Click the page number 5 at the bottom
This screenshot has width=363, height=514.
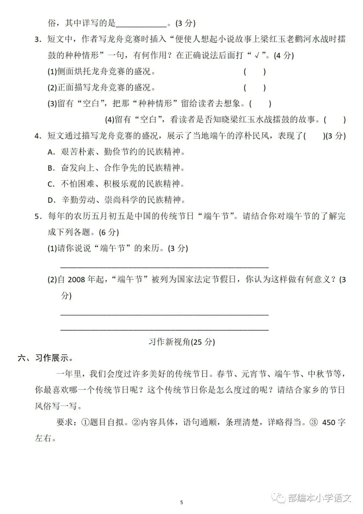[x=182, y=503]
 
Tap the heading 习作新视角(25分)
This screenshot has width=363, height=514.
[x=182, y=342]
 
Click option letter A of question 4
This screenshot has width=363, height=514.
[x=51, y=152]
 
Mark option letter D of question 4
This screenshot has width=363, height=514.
[x=51, y=200]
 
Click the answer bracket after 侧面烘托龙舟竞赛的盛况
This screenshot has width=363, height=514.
[x=254, y=72]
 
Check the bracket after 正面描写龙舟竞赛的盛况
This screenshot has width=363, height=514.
[x=254, y=88]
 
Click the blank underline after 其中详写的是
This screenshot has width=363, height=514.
[x=141, y=24]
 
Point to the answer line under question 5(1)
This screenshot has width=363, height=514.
[x=164, y=266]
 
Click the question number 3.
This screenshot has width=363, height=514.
[x=38, y=40]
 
